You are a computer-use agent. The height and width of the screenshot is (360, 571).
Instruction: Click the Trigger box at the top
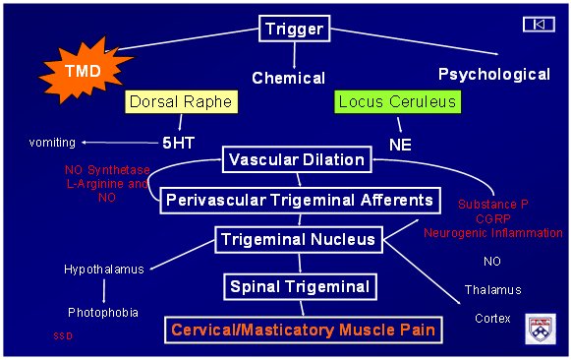[294, 29]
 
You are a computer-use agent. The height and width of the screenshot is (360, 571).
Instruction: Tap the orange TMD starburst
[82, 71]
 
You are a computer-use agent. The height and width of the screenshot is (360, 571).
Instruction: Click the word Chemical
[288, 77]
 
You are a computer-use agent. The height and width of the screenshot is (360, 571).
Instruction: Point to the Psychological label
[493, 74]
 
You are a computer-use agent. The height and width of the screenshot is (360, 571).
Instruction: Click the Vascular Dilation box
[295, 159]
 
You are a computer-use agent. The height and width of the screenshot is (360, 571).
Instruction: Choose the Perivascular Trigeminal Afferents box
[299, 200]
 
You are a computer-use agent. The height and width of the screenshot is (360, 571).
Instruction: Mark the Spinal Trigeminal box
[299, 286]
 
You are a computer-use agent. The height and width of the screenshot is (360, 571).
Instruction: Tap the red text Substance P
[492, 204]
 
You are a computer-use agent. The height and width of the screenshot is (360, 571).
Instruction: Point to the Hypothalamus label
[104, 269]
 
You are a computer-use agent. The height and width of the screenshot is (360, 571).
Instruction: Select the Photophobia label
[103, 312]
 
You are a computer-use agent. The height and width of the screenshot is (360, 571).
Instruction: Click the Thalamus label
[492, 290]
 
